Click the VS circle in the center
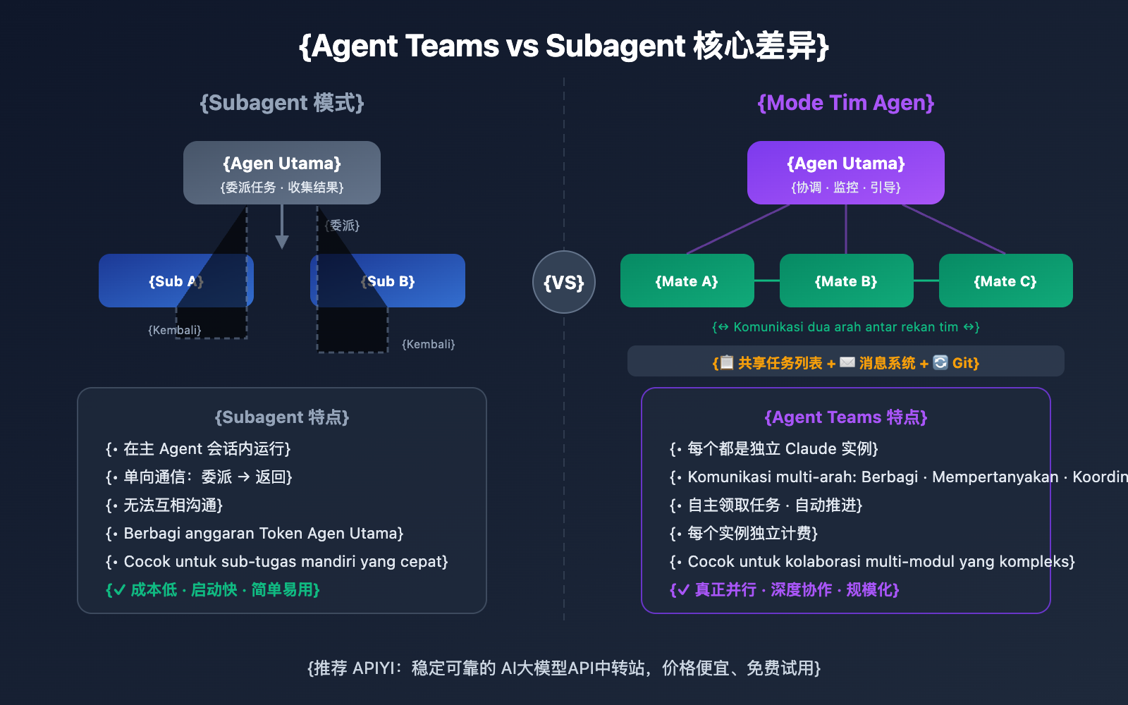click(x=564, y=282)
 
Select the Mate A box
click(x=687, y=281)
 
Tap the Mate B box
click(x=846, y=281)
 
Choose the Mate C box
click(x=1005, y=281)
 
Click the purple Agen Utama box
click(x=846, y=173)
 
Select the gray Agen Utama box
click(x=282, y=173)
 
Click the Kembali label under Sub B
click(x=429, y=344)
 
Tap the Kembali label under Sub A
click(x=174, y=330)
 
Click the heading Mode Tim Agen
click(x=846, y=103)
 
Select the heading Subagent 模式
click(x=282, y=103)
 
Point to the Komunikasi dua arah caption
click(x=846, y=327)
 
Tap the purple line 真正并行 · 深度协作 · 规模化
click(x=785, y=589)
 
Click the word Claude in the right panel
click(x=811, y=449)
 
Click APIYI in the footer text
click(x=374, y=668)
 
